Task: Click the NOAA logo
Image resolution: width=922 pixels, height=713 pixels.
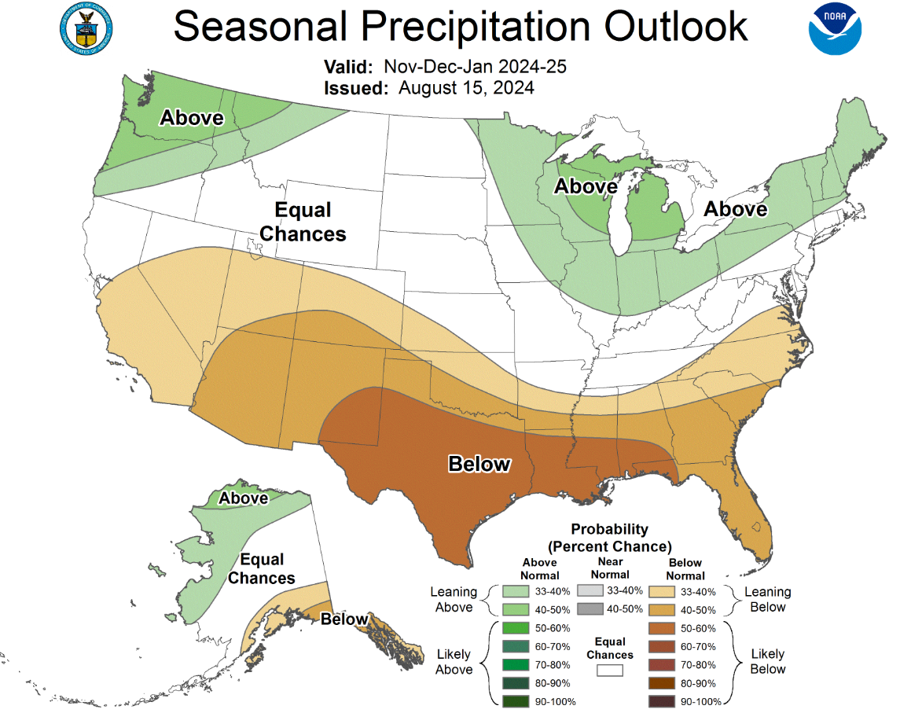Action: pyautogui.click(x=835, y=29)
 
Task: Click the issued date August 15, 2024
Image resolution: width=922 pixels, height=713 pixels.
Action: pyautogui.click(x=466, y=87)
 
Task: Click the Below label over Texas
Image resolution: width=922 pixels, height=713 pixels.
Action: pyautogui.click(x=479, y=464)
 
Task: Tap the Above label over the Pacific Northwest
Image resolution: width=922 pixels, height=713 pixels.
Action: pyautogui.click(x=192, y=118)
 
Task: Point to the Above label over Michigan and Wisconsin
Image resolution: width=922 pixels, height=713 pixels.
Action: pyautogui.click(x=586, y=186)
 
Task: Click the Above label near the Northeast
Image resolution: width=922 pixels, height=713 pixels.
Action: pyautogui.click(x=735, y=209)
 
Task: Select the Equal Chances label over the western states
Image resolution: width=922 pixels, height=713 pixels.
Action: pyautogui.click(x=303, y=222)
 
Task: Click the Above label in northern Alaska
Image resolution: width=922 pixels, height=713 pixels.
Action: pyautogui.click(x=243, y=498)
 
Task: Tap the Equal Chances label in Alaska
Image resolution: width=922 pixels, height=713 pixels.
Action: pyautogui.click(x=262, y=568)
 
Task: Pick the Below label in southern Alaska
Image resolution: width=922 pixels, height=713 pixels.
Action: pyautogui.click(x=344, y=619)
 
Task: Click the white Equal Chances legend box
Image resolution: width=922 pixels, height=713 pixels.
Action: pyautogui.click(x=609, y=671)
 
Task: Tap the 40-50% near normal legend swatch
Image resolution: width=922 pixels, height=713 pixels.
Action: pyautogui.click(x=590, y=608)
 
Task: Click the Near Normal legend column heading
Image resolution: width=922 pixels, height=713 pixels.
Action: pyautogui.click(x=610, y=568)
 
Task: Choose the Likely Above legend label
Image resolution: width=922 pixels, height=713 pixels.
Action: pyautogui.click(x=453, y=662)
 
